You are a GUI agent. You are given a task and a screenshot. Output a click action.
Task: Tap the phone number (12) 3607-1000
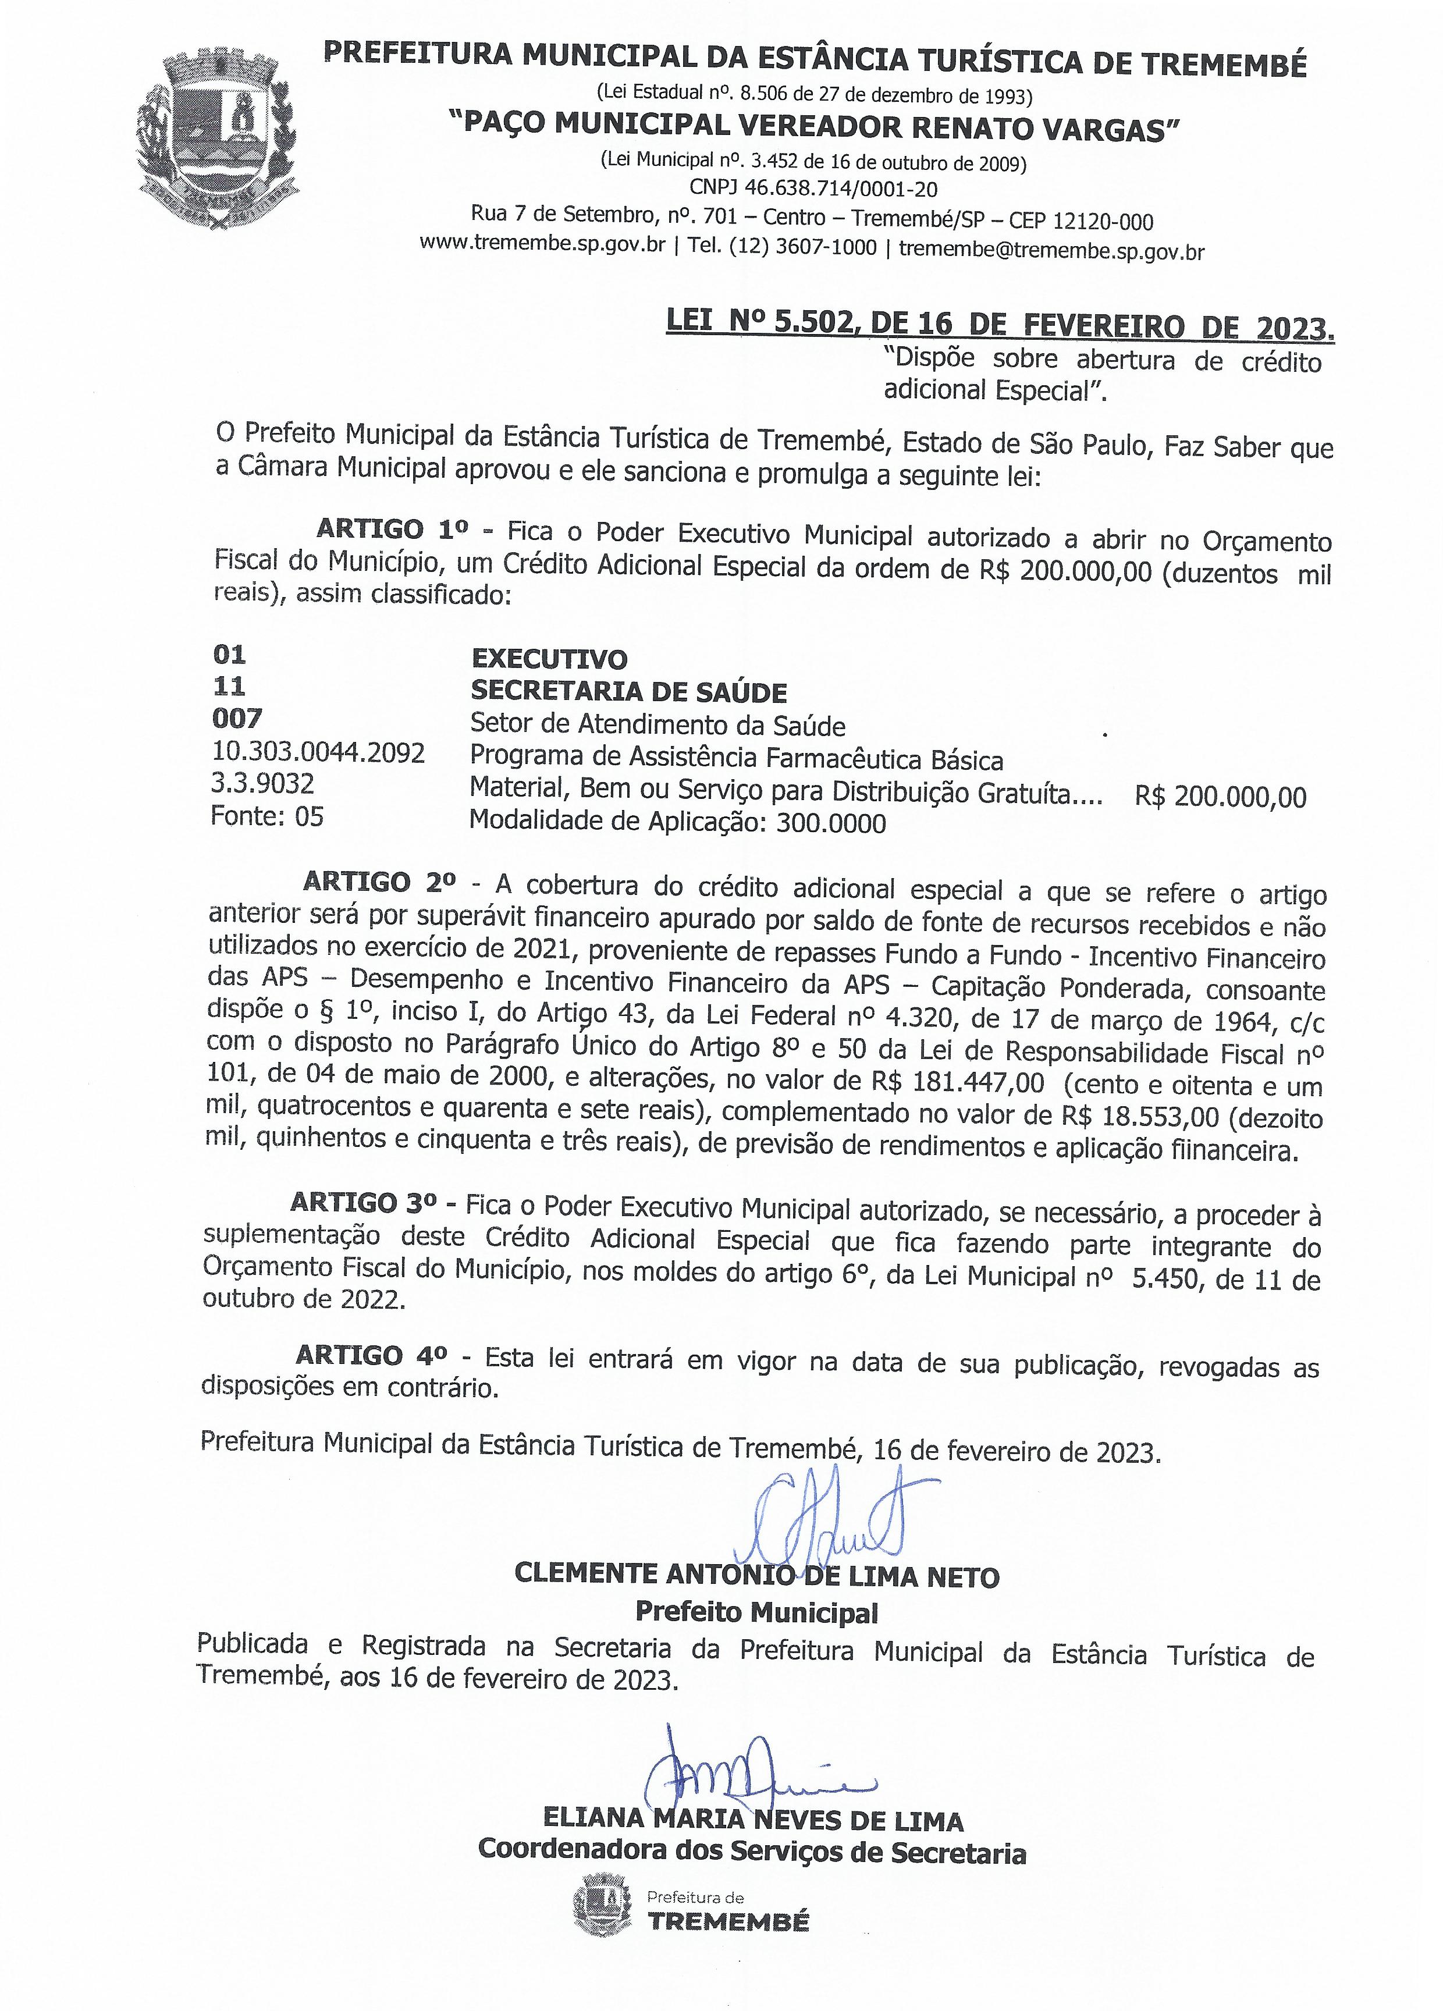pos(802,248)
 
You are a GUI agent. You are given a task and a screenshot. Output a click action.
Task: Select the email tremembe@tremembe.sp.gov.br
pos(1051,250)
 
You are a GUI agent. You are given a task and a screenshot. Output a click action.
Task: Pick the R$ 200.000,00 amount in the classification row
pos(1220,796)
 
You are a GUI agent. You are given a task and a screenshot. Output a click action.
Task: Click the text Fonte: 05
pos(267,816)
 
